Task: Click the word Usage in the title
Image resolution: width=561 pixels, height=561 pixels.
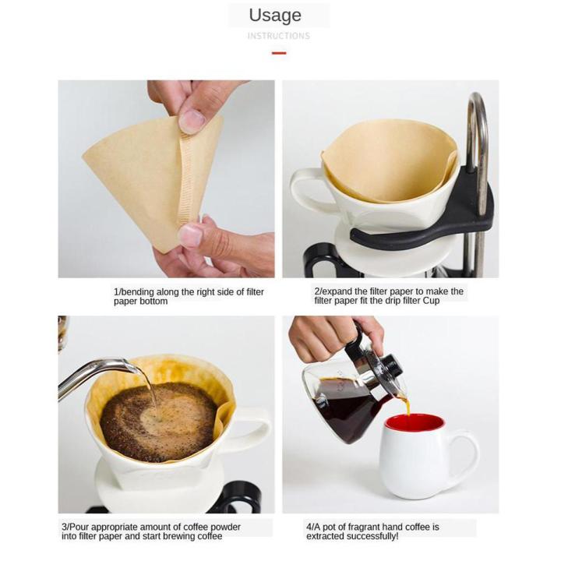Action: [275, 15]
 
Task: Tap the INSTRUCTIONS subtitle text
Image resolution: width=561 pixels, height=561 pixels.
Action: [278, 36]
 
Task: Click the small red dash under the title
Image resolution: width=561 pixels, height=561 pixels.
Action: [278, 53]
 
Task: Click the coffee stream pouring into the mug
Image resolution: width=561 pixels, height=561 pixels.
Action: [404, 405]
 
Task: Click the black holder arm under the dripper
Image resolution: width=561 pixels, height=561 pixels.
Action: [421, 229]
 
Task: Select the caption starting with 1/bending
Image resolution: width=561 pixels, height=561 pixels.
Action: [189, 296]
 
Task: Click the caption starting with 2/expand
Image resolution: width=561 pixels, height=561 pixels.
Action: [388, 296]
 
